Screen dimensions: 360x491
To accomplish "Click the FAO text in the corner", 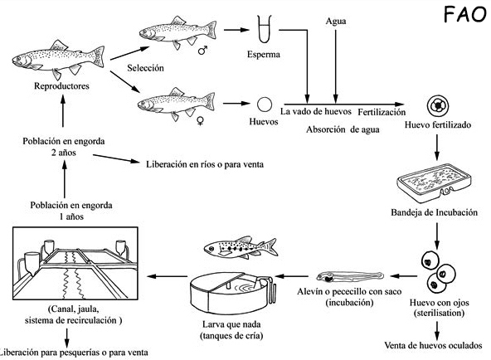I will pyautogui.click(x=458, y=16).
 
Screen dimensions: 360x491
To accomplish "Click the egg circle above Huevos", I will pyautogui.click(x=264, y=105).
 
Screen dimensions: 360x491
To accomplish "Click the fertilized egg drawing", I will pyautogui.click(x=437, y=106).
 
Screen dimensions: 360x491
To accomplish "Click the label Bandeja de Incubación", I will pyautogui.click(x=436, y=212).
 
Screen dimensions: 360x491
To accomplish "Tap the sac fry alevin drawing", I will pyautogui.click(x=350, y=275).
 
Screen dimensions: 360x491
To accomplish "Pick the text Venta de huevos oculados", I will pyautogui.click(x=437, y=344).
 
